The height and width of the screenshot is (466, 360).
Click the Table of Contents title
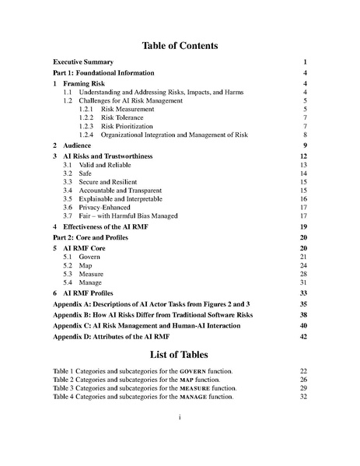point(180,45)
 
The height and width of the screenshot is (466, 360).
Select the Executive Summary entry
point(82,61)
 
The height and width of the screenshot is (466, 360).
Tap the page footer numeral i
point(180,417)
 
